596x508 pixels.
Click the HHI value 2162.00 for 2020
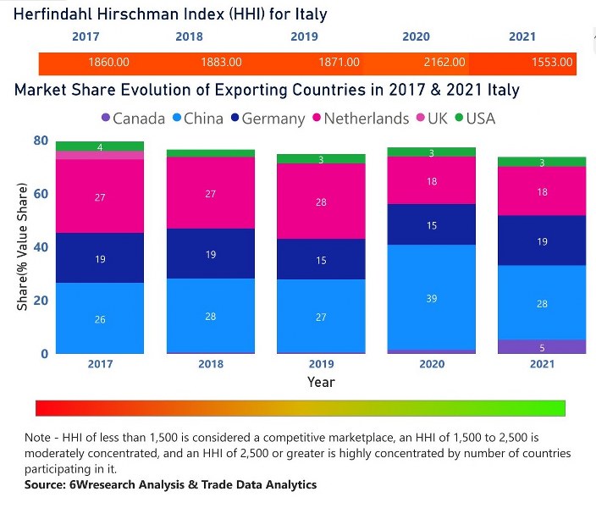click(x=444, y=63)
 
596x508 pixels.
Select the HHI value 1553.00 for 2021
click(x=552, y=63)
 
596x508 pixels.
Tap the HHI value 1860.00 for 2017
click(x=108, y=63)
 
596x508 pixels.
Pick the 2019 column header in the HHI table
click(x=304, y=36)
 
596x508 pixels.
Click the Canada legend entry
click(x=132, y=119)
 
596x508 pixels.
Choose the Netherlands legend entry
click(x=361, y=119)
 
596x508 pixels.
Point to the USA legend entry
click(x=479, y=119)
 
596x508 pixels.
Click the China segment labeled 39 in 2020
click(x=432, y=297)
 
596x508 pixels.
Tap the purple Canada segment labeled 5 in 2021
click(x=542, y=347)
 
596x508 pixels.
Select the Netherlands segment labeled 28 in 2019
click(x=321, y=202)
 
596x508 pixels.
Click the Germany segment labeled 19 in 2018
click(x=211, y=253)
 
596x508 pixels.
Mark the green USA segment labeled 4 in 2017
click(x=100, y=146)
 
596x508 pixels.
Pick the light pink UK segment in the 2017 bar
click(x=100, y=155)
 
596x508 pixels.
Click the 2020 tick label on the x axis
click(x=432, y=364)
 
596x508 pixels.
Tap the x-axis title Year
click(x=321, y=382)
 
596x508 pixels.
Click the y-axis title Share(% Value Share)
click(x=22, y=246)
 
